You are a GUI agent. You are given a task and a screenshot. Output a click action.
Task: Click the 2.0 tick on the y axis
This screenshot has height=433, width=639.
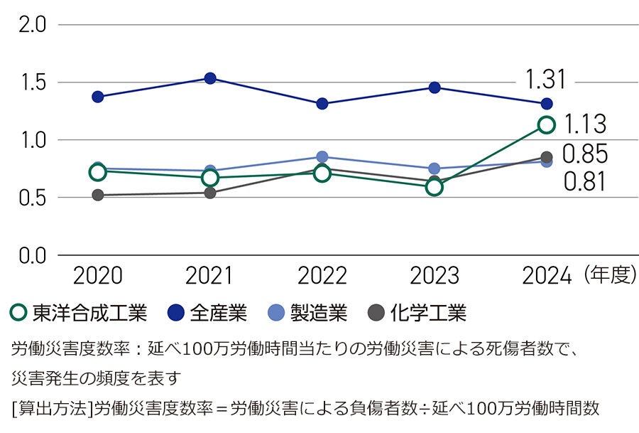pyautogui.click(x=31, y=25)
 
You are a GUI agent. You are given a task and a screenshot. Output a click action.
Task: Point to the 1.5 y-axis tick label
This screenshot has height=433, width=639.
pyautogui.click(x=31, y=82)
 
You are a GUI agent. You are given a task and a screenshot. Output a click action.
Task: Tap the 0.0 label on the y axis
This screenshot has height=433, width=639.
pyautogui.click(x=31, y=255)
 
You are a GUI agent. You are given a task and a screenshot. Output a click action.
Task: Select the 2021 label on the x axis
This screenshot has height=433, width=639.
pyautogui.click(x=209, y=276)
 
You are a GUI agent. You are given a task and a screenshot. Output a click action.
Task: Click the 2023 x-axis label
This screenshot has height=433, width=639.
pyautogui.click(x=434, y=276)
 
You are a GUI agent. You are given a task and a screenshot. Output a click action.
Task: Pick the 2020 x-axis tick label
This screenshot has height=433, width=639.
pyautogui.click(x=98, y=276)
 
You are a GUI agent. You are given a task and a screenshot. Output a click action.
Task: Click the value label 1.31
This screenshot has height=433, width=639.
pyautogui.click(x=546, y=79)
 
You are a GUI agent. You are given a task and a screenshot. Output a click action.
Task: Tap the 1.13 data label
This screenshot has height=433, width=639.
pyautogui.click(x=585, y=125)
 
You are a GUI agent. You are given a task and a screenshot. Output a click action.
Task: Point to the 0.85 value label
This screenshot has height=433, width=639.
pyautogui.click(x=585, y=154)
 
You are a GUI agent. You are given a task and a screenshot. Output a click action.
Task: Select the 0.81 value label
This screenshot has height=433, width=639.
pyautogui.click(x=585, y=183)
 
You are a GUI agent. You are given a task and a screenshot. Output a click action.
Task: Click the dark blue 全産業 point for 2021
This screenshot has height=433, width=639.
pyautogui.click(x=210, y=78)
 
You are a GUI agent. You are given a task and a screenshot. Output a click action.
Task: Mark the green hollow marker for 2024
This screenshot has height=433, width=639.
pyautogui.click(x=547, y=125)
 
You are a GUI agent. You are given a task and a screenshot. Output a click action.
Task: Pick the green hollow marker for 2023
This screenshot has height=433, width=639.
pyautogui.click(x=435, y=187)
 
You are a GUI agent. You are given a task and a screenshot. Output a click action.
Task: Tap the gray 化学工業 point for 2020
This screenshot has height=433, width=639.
pyautogui.click(x=98, y=195)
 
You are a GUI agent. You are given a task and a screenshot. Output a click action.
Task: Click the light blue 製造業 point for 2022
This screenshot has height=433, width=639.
pyautogui.click(x=322, y=157)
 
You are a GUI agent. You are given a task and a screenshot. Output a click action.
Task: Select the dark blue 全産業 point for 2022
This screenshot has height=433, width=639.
pyautogui.click(x=322, y=104)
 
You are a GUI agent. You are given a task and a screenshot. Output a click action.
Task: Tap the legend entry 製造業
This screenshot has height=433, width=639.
pyautogui.click(x=309, y=313)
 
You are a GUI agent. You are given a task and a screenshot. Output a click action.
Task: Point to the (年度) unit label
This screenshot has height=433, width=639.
pyautogui.click(x=610, y=276)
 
